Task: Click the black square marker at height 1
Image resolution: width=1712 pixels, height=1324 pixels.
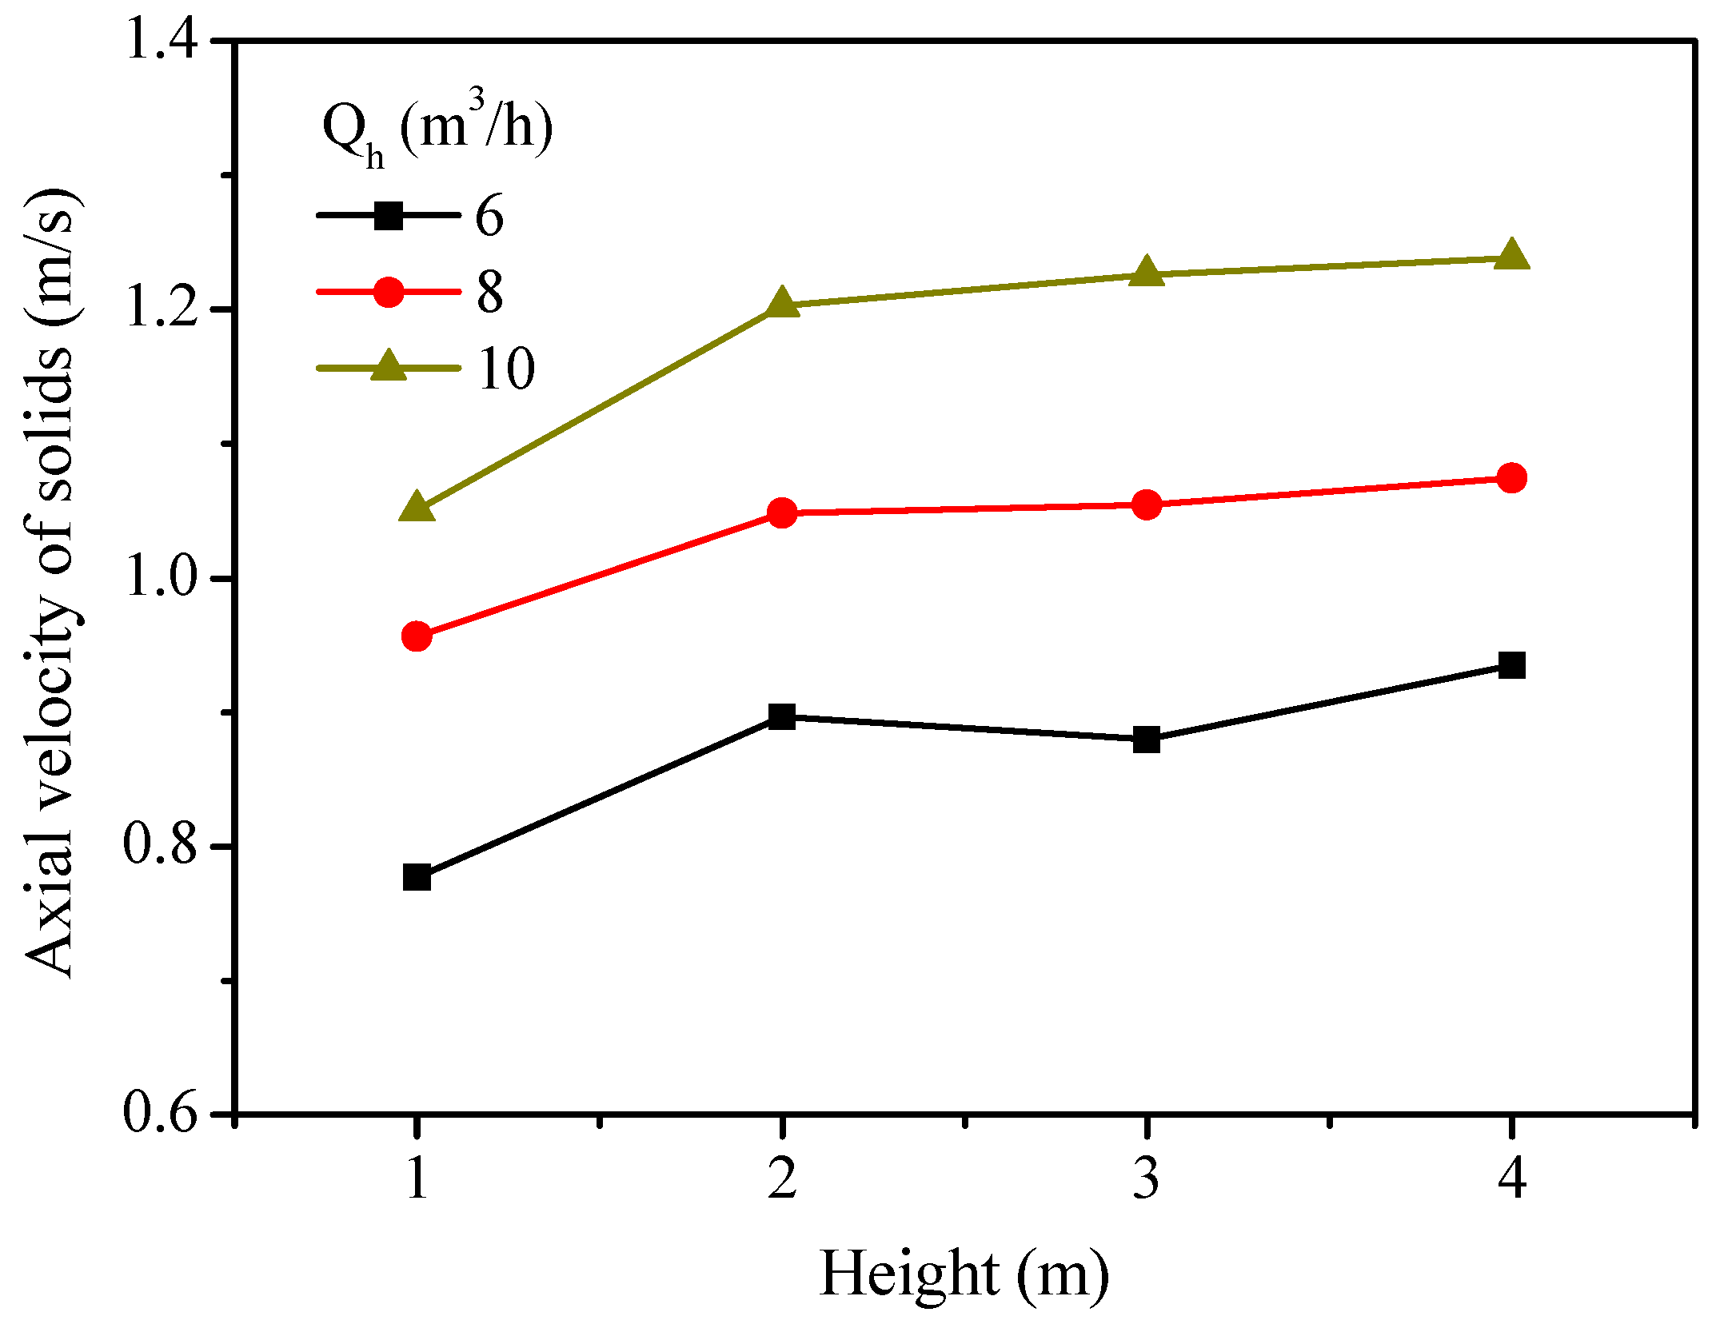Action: [417, 877]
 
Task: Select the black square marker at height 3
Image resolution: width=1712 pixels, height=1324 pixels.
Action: [1147, 740]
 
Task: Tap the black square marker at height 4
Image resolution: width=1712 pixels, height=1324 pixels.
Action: [1511, 664]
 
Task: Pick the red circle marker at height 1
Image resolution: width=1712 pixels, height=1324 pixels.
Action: [417, 636]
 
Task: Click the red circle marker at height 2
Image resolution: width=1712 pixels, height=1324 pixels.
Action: [782, 512]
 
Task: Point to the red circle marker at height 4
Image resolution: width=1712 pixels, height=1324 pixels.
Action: [1511, 478]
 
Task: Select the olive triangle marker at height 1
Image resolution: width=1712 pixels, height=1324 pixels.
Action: [417, 507]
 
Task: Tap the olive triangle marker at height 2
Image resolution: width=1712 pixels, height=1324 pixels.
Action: [782, 304]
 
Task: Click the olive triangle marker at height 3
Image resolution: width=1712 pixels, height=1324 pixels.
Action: [1147, 273]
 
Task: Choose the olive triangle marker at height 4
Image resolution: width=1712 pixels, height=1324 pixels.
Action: [1511, 256]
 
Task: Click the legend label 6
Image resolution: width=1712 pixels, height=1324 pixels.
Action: [489, 216]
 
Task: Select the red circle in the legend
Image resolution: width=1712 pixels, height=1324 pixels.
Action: [389, 292]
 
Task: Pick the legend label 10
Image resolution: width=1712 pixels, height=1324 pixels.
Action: [505, 369]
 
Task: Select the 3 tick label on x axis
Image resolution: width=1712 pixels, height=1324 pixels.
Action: [1147, 1178]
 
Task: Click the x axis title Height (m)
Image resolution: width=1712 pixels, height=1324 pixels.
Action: [964, 1274]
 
